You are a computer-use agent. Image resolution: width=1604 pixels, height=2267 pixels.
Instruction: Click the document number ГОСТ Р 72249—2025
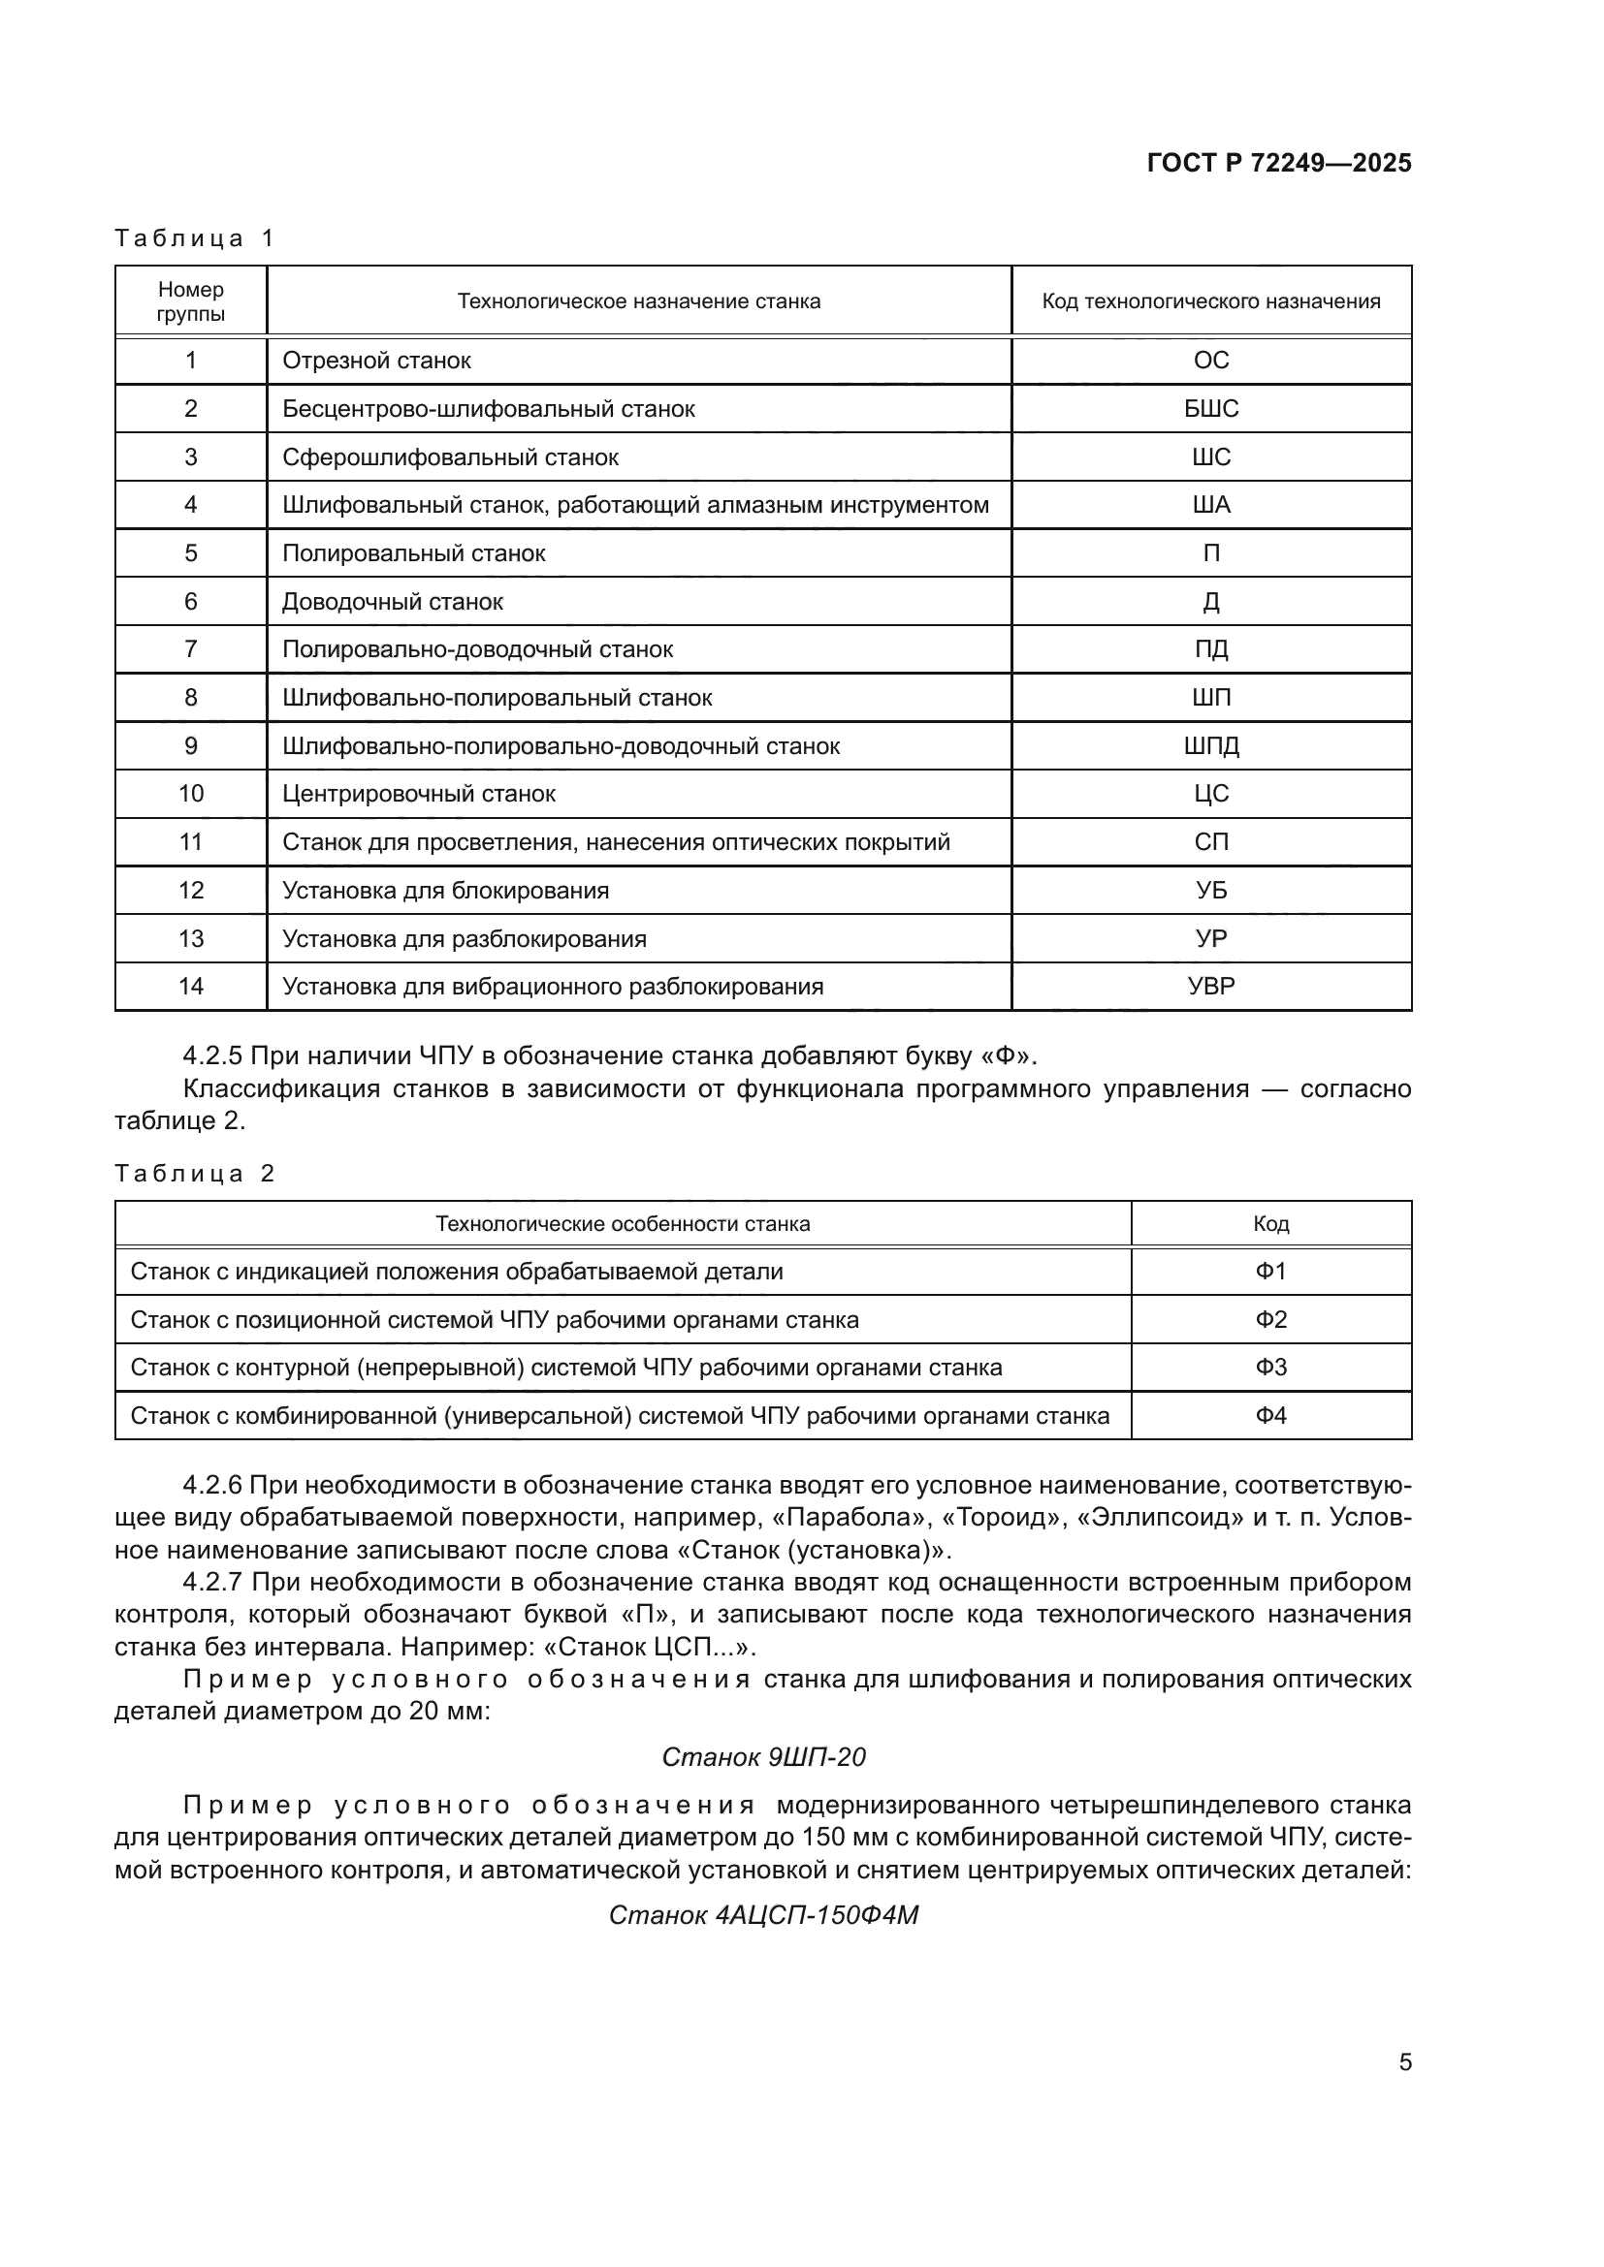pyautogui.click(x=1278, y=164)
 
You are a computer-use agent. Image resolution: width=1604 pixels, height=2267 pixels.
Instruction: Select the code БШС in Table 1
pyautogui.click(x=1211, y=409)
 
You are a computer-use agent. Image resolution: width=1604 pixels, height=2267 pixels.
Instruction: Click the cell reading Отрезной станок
pyautogui.click(x=376, y=361)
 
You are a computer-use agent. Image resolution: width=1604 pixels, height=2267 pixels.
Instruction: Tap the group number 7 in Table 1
pyautogui.click(x=191, y=649)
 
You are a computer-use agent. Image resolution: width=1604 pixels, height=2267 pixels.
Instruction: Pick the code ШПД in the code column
pyautogui.click(x=1211, y=746)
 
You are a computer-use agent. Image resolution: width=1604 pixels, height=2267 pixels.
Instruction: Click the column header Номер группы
pyautogui.click(x=191, y=301)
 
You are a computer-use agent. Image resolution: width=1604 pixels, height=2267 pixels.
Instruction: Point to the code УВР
pyautogui.click(x=1211, y=988)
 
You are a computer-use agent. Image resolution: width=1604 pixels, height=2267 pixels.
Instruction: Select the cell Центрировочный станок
pyautogui.click(x=419, y=795)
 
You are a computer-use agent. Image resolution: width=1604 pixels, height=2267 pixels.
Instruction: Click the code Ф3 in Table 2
pyautogui.click(x=1270, y=1368)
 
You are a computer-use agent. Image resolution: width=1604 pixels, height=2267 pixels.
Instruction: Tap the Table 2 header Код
pyautogui.click(x=1270, y=1224)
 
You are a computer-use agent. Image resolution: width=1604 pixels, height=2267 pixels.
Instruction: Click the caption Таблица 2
pyautogui.click(x=195, y=1174)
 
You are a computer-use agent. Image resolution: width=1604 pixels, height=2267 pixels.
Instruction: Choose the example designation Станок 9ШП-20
pyautogui.click(x=763, y=1757)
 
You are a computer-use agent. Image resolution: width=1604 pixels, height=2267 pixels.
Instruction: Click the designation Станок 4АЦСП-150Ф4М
pyautogui.click(x=763, y=1915)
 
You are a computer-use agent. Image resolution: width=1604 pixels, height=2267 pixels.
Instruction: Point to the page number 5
pyautogui.click(x=1404, y=2062)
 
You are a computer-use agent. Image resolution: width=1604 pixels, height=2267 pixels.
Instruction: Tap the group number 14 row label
pyautogui.click(x=191, y=988)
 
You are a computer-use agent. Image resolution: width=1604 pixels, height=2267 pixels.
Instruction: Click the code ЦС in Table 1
pyautogui.click(x=1211, y=795)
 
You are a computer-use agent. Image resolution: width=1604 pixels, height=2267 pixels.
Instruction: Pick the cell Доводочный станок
pyautogui.click(x=392, y=602)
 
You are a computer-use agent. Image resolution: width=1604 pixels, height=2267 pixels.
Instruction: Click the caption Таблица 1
pyautogui.click(x=195, y=238)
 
